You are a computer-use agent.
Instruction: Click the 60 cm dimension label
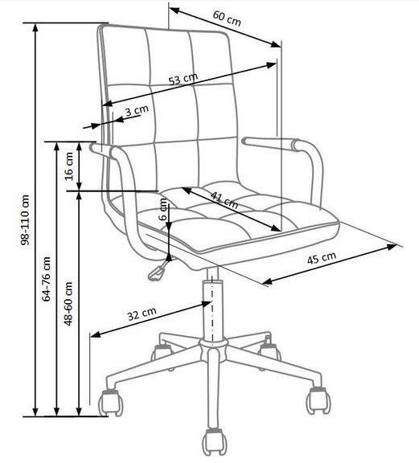point(227,18)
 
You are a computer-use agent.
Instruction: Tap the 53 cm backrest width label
point(183,79)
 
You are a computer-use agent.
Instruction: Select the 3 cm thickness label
point(137,110)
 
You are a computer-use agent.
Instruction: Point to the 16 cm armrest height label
point(69,166)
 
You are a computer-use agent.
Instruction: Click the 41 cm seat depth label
point(224,199)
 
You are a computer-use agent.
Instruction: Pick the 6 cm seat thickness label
point(162,209)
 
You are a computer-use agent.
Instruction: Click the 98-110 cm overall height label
point(25,220)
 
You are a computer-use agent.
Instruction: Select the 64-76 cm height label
point(47,279)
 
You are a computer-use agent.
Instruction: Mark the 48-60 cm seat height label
point(68,304)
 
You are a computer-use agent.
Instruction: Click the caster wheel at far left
point(110,403)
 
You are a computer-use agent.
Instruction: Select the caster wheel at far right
point(318,400)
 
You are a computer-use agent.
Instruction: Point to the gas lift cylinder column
point(212,310)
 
